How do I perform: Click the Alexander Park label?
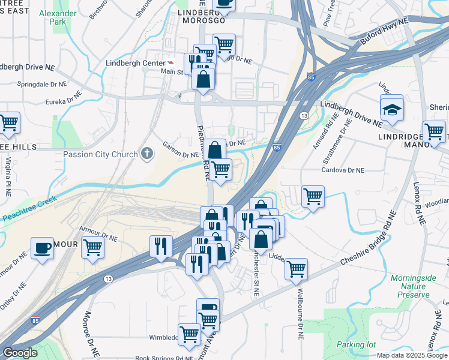tap(62, 17)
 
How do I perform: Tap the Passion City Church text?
tap(101, 154)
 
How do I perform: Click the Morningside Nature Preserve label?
tap(410, 286)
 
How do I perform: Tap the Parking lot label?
tap(355, 344)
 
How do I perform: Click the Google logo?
tap(19, 353)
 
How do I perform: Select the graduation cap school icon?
tap(391, 109)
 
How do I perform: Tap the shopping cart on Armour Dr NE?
tap(92, 246)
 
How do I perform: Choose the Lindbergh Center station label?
tap(135, 63)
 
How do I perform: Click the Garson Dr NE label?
tap(180, 149)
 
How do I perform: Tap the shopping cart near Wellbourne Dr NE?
tap(296, 269)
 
